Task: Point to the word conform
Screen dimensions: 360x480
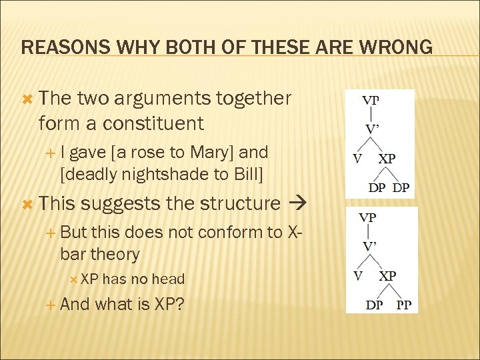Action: click(x=220, y=232)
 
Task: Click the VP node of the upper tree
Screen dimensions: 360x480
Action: click(x=371, y=101)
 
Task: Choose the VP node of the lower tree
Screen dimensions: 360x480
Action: click(x=367, y=217)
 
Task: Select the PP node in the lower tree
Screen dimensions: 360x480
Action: click(x=404, y=306)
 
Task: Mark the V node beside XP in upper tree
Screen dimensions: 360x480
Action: click(x=357, y=160)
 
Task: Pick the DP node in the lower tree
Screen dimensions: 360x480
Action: click(x=374, y=306)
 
